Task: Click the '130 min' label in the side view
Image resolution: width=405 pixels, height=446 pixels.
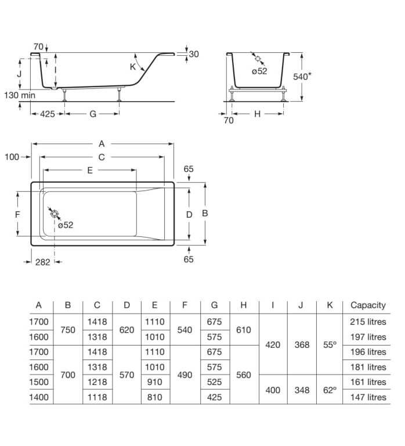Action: (20, 95)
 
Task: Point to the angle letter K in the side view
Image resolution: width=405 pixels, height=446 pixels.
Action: (133, 67)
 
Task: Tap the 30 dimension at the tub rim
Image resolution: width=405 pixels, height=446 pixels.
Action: (194, 54)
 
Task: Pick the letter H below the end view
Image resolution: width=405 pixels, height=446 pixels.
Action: (257, 114)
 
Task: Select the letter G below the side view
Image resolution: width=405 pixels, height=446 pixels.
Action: (92, 114)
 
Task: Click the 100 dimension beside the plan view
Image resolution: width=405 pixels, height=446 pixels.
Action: (12, 157)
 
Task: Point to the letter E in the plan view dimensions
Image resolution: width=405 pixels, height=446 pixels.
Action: (89, 170)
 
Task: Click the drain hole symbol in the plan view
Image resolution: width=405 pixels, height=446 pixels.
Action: (55, 214)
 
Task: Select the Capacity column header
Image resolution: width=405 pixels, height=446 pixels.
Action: (368, 305)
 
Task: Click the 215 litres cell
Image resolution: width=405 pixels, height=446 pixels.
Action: (368, 321)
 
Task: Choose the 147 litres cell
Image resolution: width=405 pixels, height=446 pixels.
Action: (368, 397)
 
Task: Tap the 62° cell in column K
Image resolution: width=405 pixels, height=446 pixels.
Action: (330, 390)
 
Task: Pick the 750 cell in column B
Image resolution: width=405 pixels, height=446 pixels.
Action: (68, 329)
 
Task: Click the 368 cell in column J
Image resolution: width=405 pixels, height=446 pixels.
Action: (301, 344)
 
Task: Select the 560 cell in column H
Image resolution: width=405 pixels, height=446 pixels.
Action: (244, 375)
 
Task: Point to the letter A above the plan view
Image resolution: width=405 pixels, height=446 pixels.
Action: (102, 143)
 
